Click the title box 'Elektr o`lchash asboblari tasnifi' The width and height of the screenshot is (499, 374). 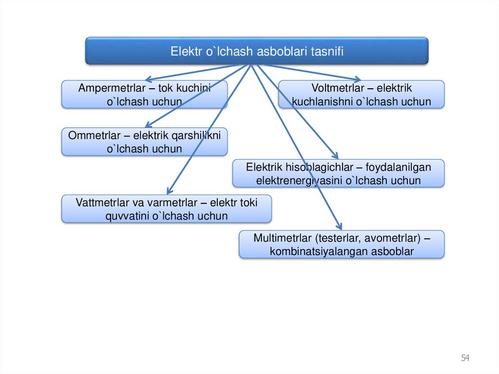click(x=257, y=51)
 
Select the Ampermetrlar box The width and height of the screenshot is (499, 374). click(x=144, y=95)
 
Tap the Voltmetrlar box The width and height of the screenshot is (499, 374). click(x=361, y=95)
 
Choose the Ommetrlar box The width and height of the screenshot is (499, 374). click(x=144, y=142)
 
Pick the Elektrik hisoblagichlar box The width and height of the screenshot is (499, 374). click(x=338, y=174)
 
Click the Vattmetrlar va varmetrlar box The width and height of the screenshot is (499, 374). click(x=166, y=209)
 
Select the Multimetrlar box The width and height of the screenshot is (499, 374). click(x=341, y=244)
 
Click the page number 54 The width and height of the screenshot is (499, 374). click(x=465, y=358)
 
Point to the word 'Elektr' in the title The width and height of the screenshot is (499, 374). click(x=186, y=51)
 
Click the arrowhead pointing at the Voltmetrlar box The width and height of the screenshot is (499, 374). click(x=358, y=79)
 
